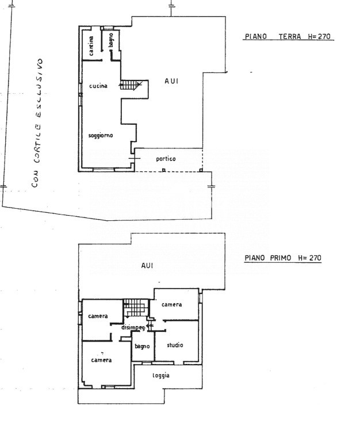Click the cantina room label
point(91,45)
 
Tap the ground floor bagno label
point(111,40)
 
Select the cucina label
point(98,86)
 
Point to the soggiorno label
point(101,135)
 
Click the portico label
point(166,159)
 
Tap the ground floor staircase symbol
point(131,85)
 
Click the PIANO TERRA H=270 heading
point(288,36)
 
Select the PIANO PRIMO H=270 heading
point(283,258)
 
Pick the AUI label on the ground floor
point(171,81)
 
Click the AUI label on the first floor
point(147,266)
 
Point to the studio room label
point(175,345)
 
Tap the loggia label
point(161,376)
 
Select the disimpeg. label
point(133,328)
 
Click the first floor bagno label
point(142,346)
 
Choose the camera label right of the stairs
point(171,304)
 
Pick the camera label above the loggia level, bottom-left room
point(101,360)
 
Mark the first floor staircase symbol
point(136,308)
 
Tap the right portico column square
point(201,170)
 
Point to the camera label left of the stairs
point(98,316)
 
